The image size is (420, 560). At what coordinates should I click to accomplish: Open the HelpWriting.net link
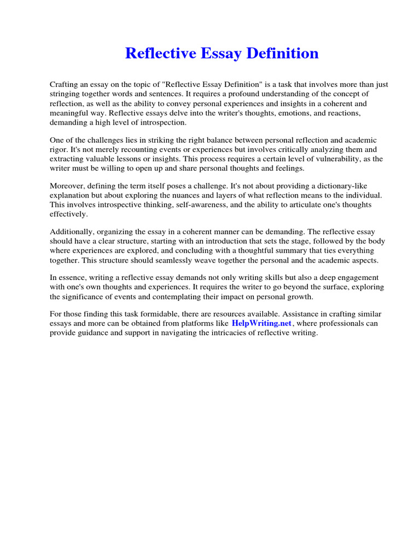coord(261,323)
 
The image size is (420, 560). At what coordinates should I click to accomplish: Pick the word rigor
coord(60,149)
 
